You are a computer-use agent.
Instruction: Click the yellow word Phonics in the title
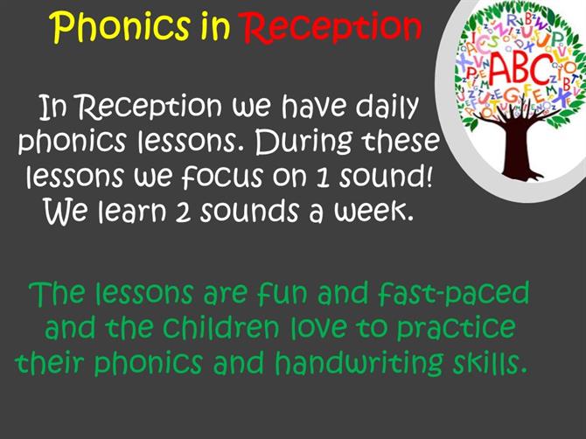pyautogui.click(x=121, y=26)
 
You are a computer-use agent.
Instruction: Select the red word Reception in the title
pyautogui.click(x=332, y=27)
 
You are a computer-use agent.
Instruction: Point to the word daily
pyautogui.click(x=386, y=107)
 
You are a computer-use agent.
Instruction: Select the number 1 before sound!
pyautogui.click(x=324, y=178)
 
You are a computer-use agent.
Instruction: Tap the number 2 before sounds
pyautogui.click(x=183, y=212)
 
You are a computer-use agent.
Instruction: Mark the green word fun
pyautogui.click(x=283, y=292)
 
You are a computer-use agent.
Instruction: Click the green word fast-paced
pyautogui.click(x=453, y=293)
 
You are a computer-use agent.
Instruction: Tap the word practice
pyautogui.click(x=456, y=328)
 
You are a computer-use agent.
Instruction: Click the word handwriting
pyautogui.click(x=359, y=362)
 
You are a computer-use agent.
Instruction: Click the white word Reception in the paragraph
pyautogui.click(x=150, y=108)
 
